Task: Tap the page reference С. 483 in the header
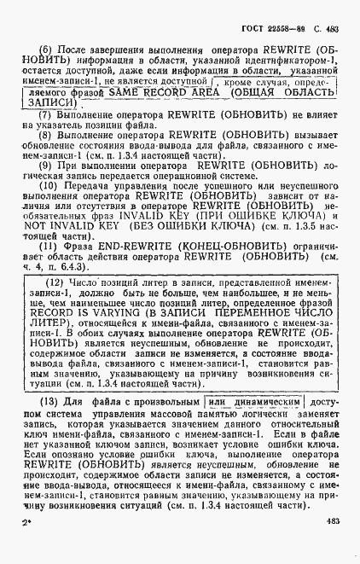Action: click(326, 20)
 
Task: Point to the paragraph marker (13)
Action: click(49, 426)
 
